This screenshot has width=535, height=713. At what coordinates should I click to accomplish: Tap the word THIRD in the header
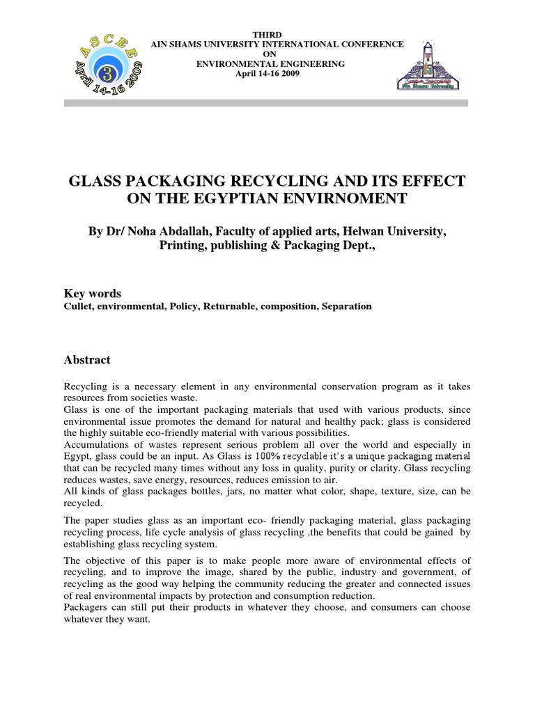[x=277, y=35]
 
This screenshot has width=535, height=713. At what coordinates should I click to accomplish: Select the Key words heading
[x=93, y=294]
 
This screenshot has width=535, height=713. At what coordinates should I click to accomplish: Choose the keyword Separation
[x=346, y=306]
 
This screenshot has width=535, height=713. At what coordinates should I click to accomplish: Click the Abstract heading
[x=87, y=360]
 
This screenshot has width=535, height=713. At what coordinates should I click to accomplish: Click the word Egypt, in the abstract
[x=77, y=455]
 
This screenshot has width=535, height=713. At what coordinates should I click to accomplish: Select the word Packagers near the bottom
[x=87, y=607]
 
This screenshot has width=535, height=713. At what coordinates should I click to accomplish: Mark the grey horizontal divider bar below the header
[x=266, y=102]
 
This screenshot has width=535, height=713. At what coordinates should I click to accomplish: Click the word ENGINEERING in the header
[x=308, y=63]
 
